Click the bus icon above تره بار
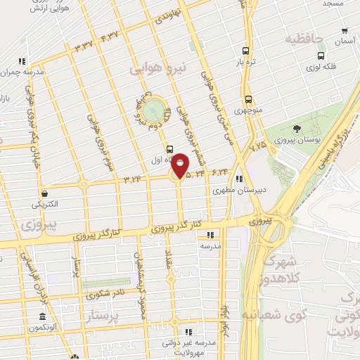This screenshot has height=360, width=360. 245,51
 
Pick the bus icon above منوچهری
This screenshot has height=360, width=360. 248,99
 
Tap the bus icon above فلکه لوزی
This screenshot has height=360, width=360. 321,56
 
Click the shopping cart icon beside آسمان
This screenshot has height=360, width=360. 344,31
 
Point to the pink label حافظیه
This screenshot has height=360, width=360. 308,39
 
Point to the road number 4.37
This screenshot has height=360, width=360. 110,37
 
